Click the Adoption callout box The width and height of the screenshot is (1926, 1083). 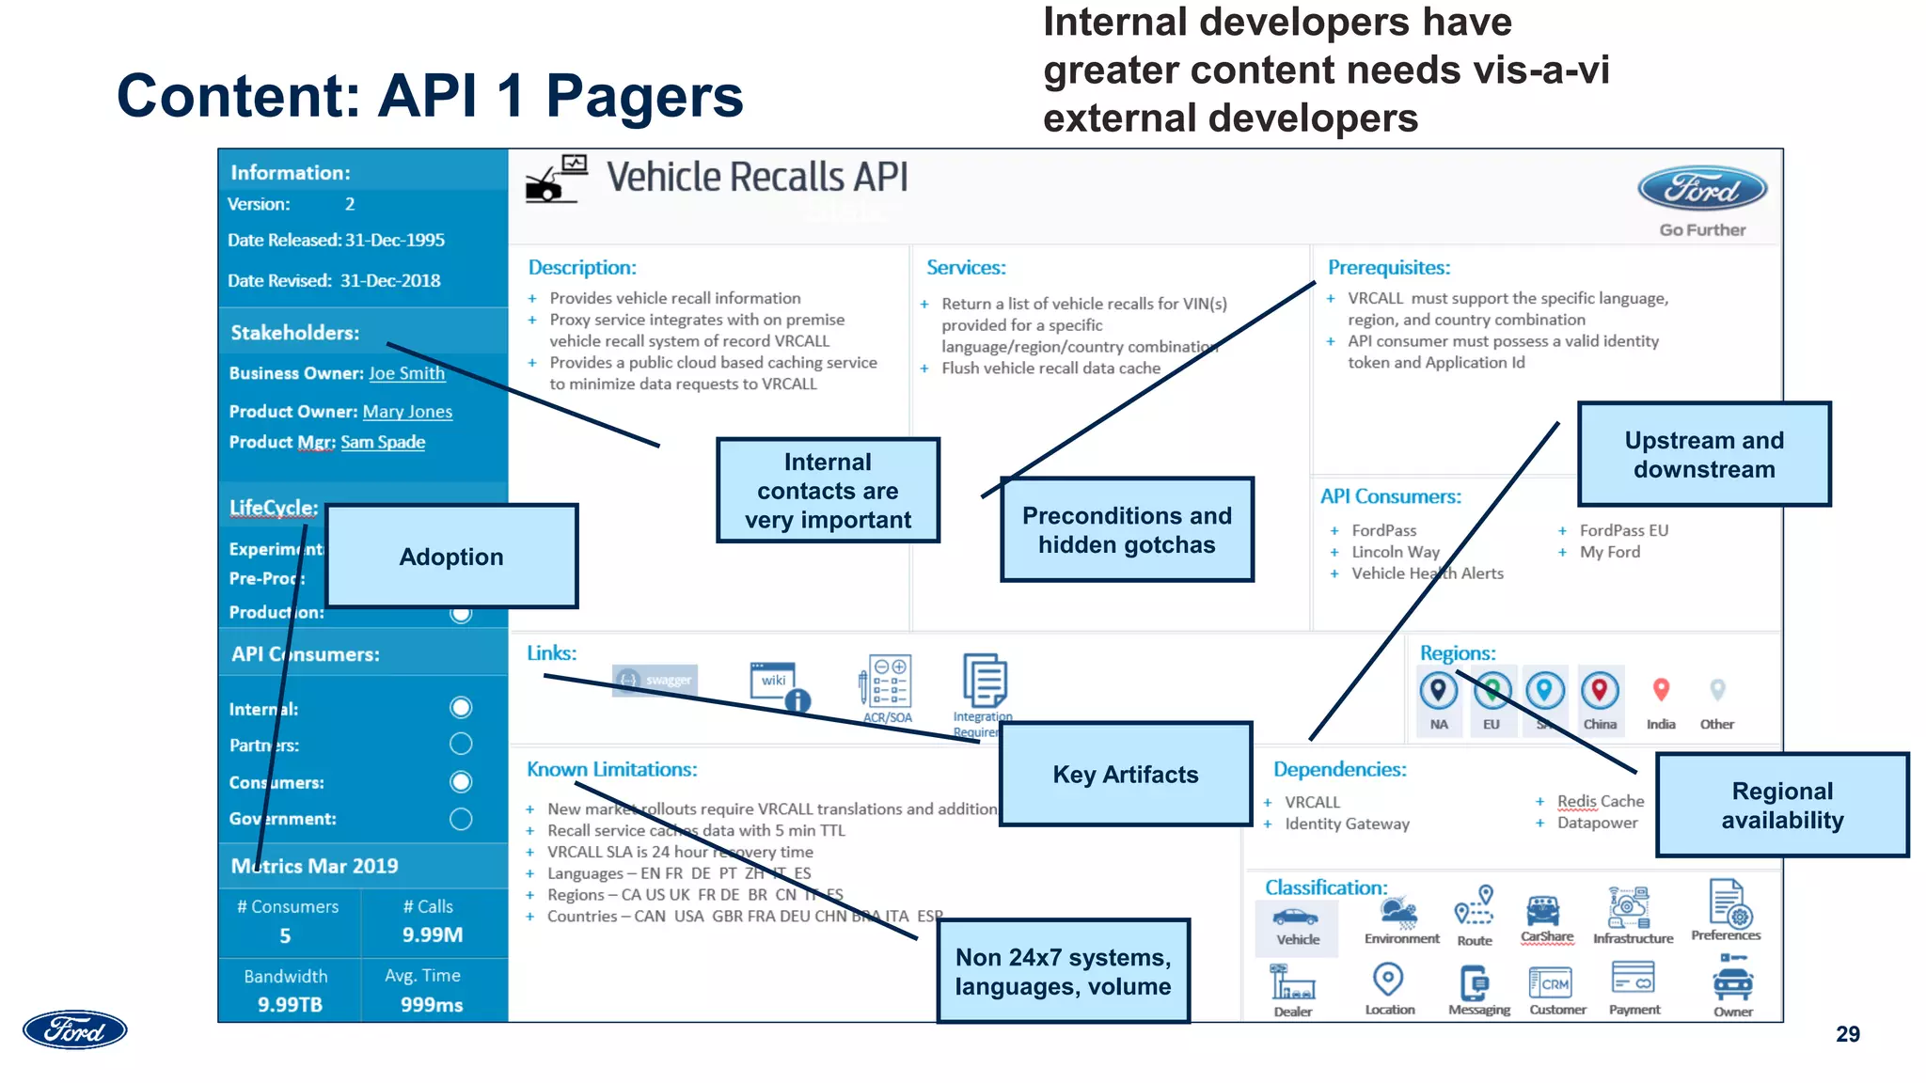(451, 557)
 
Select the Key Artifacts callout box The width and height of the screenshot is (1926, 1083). (1126, 775)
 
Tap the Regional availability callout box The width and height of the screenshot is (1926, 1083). (1782, 805)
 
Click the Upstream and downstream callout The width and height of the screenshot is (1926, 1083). (1704, 455)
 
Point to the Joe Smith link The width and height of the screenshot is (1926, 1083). (406, 373)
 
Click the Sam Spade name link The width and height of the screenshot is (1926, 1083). (383, 442)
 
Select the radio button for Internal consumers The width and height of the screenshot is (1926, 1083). (461, 708)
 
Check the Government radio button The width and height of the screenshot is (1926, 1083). (461, 819)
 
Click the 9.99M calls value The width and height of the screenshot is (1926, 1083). (433, 934)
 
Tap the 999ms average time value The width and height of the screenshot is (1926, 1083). (432, 1004)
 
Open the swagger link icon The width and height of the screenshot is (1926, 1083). (655, 680)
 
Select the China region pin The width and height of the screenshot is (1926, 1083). (1599, 691)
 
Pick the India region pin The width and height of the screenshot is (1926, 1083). (1661, 691)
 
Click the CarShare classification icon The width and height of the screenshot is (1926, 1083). (1543, 912)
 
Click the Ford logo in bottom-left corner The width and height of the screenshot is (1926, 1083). (75, 1030)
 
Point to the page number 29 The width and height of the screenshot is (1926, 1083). (1847, 1034)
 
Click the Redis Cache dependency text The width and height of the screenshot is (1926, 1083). (1600, 801)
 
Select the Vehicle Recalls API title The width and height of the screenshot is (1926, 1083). (757, 178)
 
